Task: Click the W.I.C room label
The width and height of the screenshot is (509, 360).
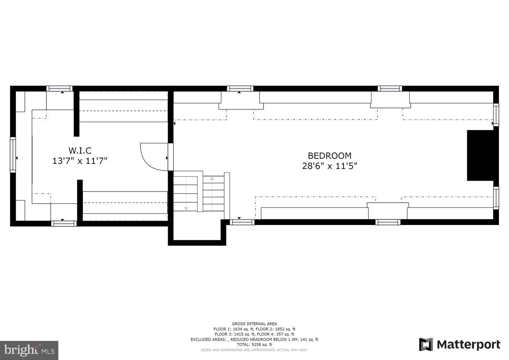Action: [80, 150]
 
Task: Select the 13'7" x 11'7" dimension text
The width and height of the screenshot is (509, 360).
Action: [80, 161]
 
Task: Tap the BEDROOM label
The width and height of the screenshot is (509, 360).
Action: [329, 156]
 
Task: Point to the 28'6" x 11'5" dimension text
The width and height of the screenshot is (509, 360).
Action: [329, 166]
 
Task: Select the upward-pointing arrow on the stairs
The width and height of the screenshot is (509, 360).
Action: [212, 179]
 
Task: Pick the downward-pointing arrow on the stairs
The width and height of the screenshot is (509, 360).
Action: [186, 208]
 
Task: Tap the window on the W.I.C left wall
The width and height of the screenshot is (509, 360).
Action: [13, 155]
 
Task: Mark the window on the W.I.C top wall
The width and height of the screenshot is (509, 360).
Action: [59, 89]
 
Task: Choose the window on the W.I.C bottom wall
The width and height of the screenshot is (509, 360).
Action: [64, 224]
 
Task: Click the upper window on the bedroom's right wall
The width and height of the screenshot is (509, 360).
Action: [496, 114]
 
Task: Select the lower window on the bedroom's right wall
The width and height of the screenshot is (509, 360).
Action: [496, 198]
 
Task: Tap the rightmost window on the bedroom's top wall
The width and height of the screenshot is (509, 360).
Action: [389, 89]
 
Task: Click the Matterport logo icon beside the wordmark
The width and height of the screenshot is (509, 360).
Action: [426, 345]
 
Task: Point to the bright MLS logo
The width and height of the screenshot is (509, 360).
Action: [29, 350]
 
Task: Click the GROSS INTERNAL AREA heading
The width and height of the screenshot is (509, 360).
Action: [254, 324]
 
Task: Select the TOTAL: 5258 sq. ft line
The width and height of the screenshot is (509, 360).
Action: [254, 345]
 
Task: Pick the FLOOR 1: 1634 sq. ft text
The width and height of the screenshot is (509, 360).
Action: [234, 329]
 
